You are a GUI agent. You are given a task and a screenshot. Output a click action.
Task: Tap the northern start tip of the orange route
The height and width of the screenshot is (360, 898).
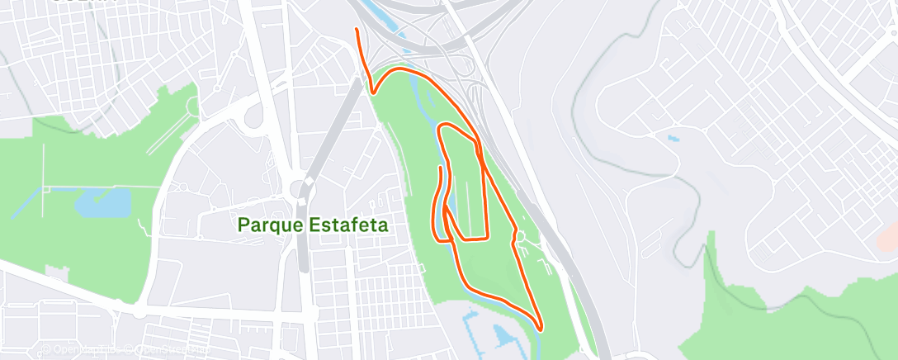[356, 30]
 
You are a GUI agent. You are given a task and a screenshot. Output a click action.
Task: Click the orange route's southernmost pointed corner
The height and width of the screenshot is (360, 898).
[540, 329]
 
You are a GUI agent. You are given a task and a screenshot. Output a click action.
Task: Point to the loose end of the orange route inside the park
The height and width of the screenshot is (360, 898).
[441, 168]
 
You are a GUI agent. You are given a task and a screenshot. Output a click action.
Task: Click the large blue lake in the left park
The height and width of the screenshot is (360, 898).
[104, 202]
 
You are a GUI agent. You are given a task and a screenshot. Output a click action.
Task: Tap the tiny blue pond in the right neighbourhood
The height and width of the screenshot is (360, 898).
[673, 139]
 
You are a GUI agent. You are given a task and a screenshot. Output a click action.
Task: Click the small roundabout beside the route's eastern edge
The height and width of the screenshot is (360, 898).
[520, 239]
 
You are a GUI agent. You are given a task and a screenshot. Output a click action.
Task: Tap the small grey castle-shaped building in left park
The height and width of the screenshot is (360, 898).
[193, 107]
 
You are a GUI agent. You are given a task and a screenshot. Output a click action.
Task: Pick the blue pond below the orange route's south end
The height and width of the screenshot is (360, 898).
[502, 334]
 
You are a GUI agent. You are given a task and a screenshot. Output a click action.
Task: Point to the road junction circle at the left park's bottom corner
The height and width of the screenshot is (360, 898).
[139, 311]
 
